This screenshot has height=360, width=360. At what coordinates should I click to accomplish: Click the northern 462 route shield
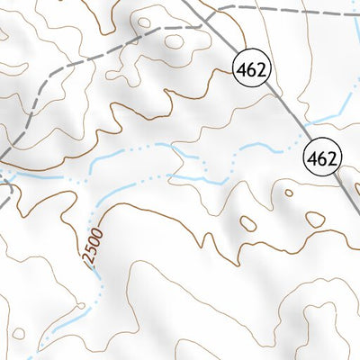pyautogui.click(x=251, y=68)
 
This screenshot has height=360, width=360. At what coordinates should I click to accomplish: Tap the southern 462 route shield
pyautogui.click(x=323, y=158)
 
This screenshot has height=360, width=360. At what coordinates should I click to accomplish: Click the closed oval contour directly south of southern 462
pyautogui.click(x=315, y=219)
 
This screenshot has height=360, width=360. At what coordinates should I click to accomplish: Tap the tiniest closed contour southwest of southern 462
pyautogui.click(x=288, y=193)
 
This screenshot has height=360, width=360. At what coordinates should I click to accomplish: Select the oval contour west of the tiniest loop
pyautogui.click(x=247, y=224)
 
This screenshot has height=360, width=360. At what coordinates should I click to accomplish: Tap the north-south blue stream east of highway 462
pyautogui.click(x=354, y=54)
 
